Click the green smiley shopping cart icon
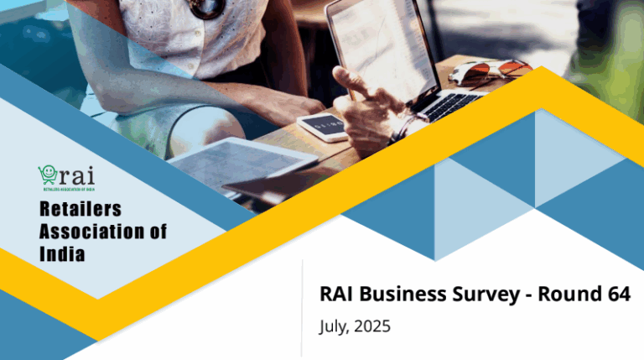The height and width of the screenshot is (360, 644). [x=47, y=175]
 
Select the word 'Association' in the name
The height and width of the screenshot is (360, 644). [x=92, y=231]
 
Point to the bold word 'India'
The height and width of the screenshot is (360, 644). [x=62, y=253]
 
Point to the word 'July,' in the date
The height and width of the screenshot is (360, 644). [x=335, y=326]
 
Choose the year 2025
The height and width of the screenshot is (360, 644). [x=373, y=326]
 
